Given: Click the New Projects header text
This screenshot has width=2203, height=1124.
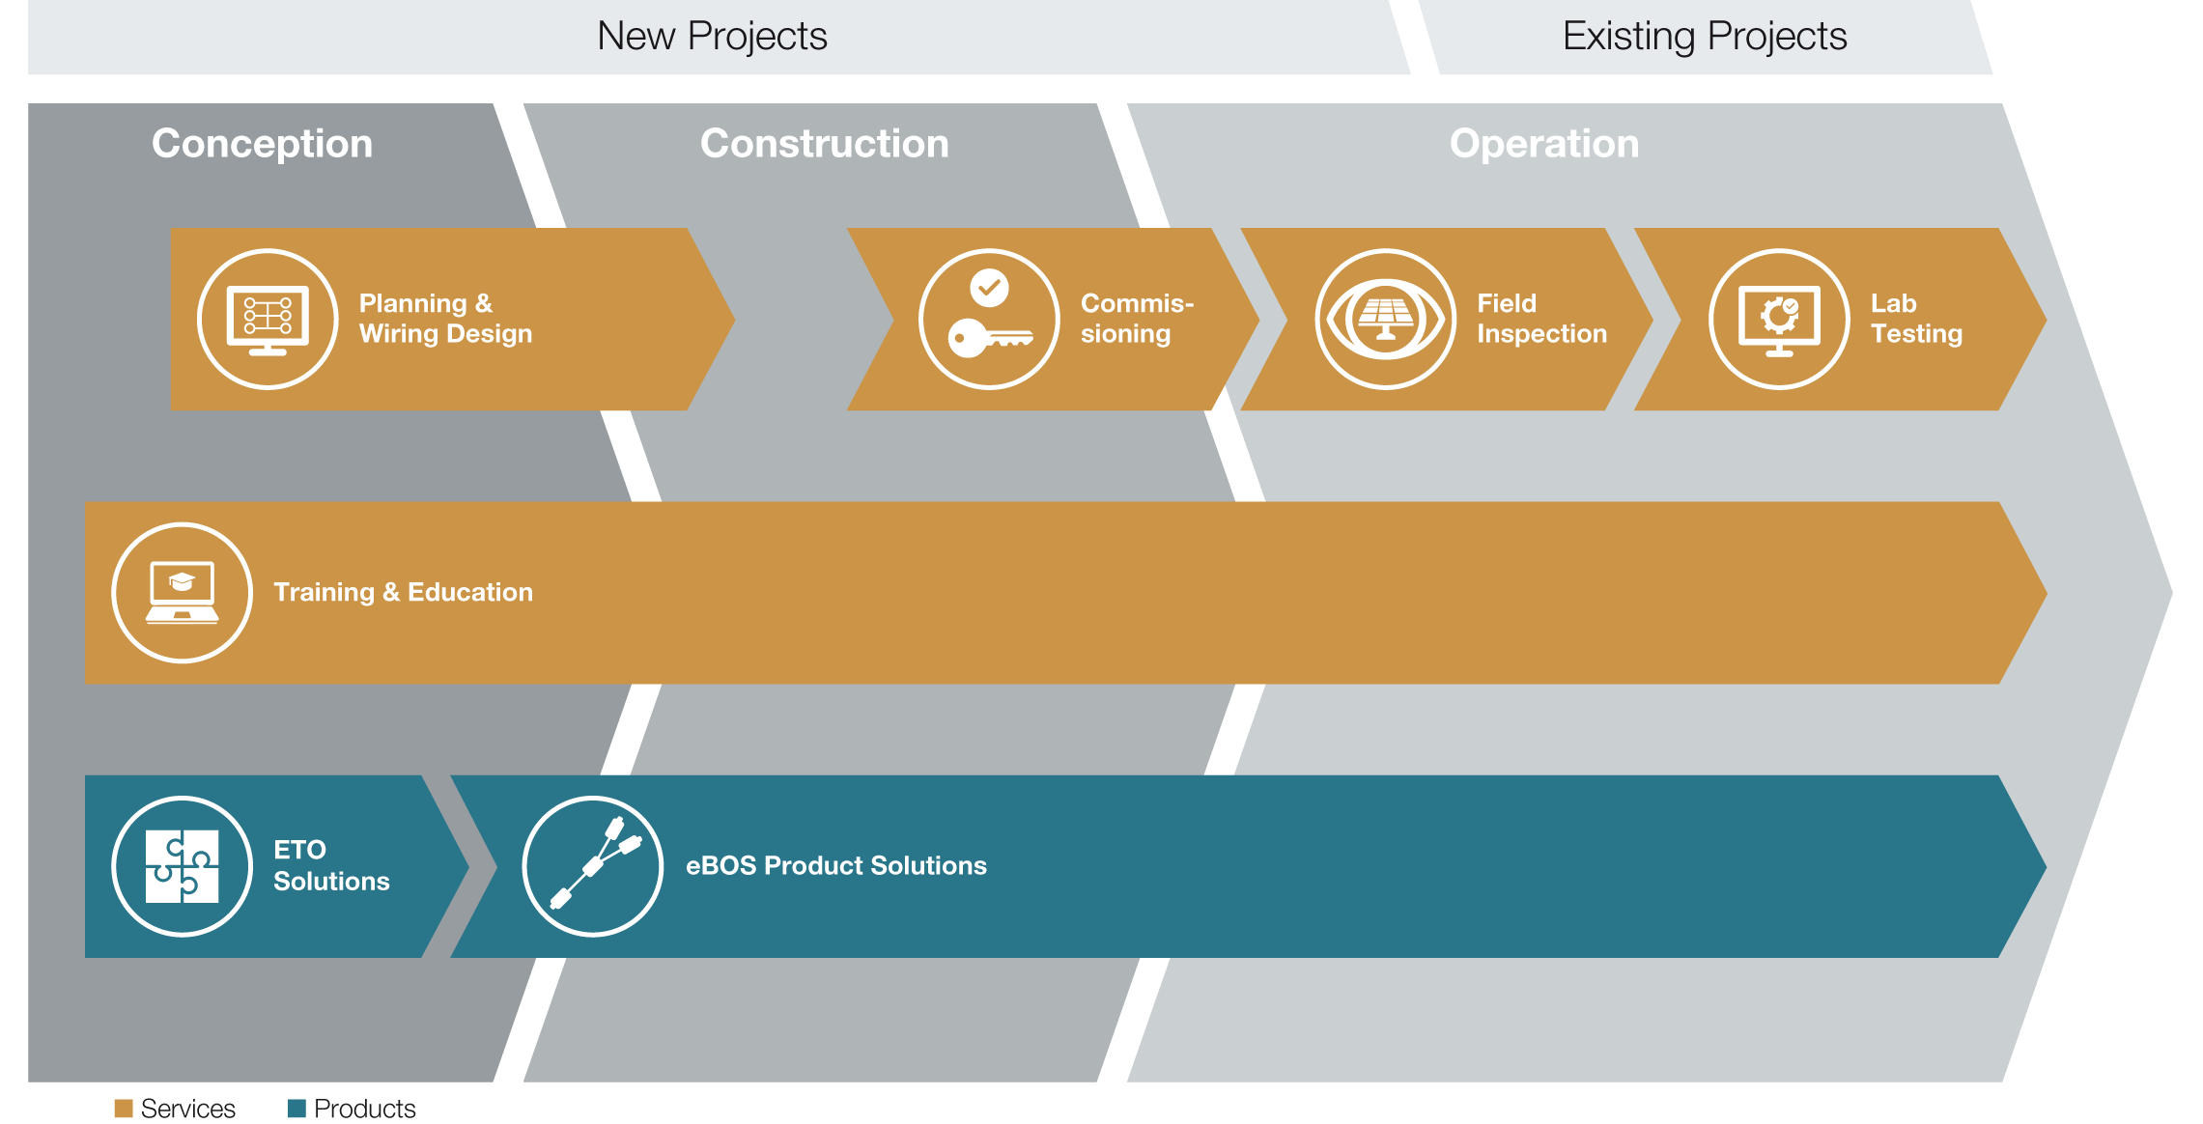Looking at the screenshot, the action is (712, 37).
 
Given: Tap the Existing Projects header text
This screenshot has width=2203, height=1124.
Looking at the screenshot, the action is (1705, 37).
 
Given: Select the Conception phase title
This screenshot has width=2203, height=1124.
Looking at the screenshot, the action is (262, 144).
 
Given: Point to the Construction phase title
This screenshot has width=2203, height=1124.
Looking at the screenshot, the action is (825, 143).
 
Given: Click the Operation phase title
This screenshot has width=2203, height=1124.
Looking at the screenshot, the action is (1544, 144).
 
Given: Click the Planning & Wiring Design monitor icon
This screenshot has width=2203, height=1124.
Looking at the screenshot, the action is (268, 320).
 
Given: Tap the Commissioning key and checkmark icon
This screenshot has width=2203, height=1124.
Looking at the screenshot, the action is (989, 320).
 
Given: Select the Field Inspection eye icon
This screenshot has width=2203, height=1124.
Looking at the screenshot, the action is (1385, 320).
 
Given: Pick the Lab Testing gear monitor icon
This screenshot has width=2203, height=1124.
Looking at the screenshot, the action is (1779, 320).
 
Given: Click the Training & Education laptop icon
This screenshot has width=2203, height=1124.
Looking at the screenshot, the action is (183, 593).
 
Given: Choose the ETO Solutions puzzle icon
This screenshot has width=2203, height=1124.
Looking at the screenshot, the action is (183, 866).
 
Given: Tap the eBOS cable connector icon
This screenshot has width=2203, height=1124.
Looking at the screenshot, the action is (593, 866).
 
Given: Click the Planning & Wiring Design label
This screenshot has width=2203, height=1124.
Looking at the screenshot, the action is (445, 319).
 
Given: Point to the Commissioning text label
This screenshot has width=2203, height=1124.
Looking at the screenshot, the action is (1137, 319).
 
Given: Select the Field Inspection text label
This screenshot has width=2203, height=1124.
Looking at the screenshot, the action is (1541, 319).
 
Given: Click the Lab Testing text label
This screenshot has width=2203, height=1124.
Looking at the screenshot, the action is (1916, 319).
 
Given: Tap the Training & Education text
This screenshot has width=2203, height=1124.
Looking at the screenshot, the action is (403, 592).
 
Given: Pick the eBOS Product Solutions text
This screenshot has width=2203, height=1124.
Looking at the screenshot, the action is (835, 865).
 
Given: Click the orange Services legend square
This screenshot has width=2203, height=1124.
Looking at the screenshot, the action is (124, 1108).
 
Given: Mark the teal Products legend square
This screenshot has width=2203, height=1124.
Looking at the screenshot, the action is (297, 1108).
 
